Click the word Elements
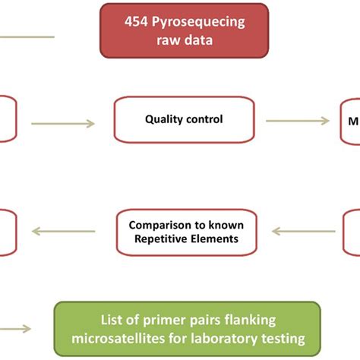214,239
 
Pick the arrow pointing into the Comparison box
304,231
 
